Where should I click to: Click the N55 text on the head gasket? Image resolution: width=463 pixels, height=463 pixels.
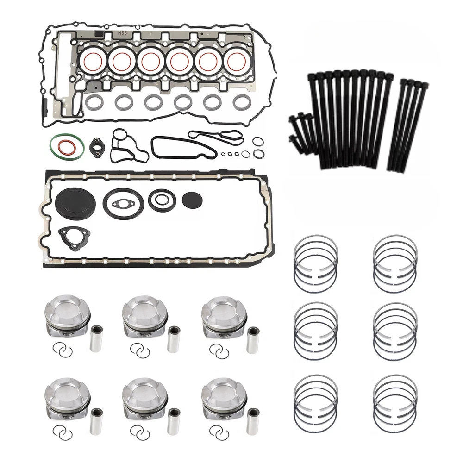click(123, 33)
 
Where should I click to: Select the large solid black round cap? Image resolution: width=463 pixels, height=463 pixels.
click(75, 200)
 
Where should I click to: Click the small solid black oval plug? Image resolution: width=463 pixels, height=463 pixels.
click(192, 200)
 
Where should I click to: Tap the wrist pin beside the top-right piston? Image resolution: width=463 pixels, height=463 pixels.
click(253, 339)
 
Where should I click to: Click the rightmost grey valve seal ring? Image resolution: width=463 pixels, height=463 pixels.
click(233, 102)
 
